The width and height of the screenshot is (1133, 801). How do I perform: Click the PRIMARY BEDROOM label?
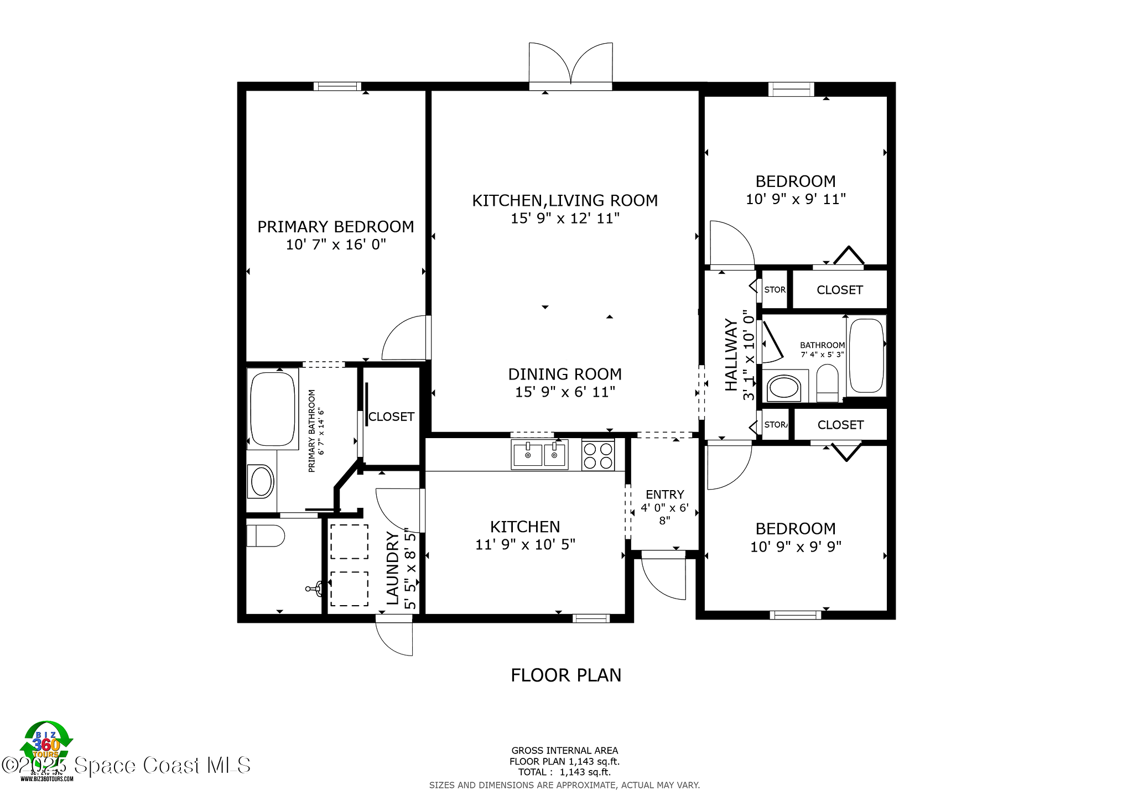pos(335,227)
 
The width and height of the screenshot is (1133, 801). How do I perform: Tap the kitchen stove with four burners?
pos(598,455)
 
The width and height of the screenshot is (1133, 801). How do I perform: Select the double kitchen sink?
pos(539,455)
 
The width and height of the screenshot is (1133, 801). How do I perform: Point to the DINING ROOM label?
pos(565,375)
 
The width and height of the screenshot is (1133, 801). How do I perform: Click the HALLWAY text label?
pos(731,355)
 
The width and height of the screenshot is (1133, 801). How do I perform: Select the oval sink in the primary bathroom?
pos(262,481)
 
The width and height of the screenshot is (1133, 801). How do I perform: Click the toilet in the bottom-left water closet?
pos(266,535)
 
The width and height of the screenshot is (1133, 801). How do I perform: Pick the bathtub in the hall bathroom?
pos(866,356)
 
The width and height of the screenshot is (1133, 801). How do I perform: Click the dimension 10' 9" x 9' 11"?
pos(796,199)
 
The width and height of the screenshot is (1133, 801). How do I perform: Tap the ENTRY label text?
pos(664,495)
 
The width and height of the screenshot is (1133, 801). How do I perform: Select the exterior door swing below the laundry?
pos(394,637)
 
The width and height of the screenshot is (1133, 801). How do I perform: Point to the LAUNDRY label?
pos(392,568)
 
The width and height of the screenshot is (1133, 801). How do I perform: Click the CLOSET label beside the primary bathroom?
pos(391,417)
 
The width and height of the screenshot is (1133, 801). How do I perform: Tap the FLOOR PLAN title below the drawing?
pos(565,675)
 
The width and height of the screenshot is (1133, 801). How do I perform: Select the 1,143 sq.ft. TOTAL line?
pos(564,772)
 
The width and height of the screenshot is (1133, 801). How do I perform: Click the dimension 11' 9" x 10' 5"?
pos(525,545)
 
